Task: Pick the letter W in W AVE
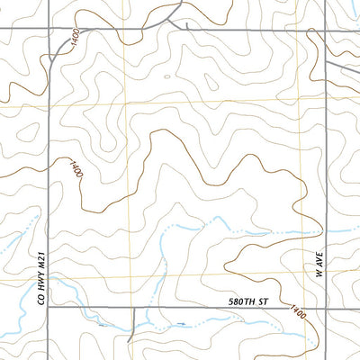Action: (317, 275)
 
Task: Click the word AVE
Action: (317, 262)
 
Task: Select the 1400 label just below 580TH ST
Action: (297, 314)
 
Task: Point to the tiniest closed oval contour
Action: (166, 76)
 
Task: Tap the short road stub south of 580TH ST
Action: (134, 322)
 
